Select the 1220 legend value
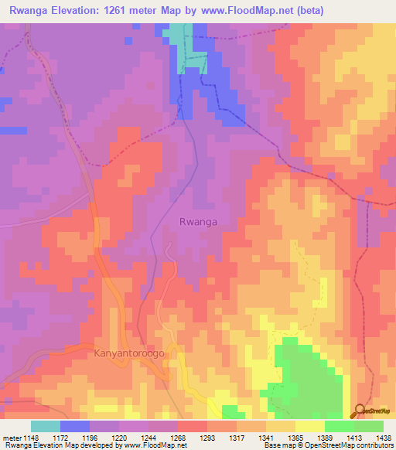121,437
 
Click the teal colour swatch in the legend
45,426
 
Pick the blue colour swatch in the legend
74,426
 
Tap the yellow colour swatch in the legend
309,426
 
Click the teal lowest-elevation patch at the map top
176,39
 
